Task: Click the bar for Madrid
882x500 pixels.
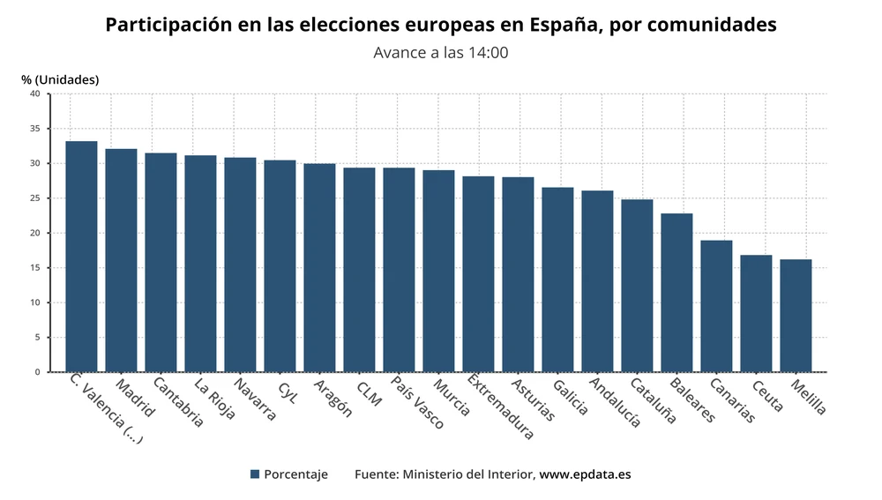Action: click(121, 260)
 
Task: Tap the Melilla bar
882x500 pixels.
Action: click(796, 316)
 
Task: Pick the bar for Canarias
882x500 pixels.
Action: click(716, 306)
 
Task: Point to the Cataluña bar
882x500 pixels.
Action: click(637, 286)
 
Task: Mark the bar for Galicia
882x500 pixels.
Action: click(557, 280)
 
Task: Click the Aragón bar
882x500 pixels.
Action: click(319, 267)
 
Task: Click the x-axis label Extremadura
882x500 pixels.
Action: click(500, 407)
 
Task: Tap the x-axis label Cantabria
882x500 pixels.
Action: click(177, 402)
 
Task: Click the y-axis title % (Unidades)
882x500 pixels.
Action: click(60, 79)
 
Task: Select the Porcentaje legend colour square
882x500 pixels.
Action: click(255, 474)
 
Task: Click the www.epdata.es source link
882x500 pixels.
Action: click(585, 474)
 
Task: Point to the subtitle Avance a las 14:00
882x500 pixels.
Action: click(441, 52)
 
